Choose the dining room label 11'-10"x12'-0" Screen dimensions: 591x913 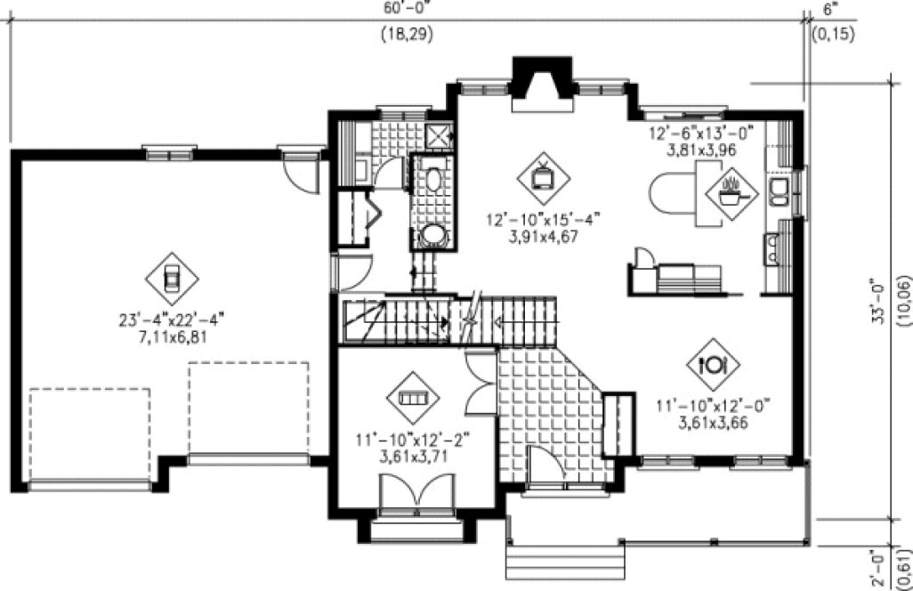(712, 406)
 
